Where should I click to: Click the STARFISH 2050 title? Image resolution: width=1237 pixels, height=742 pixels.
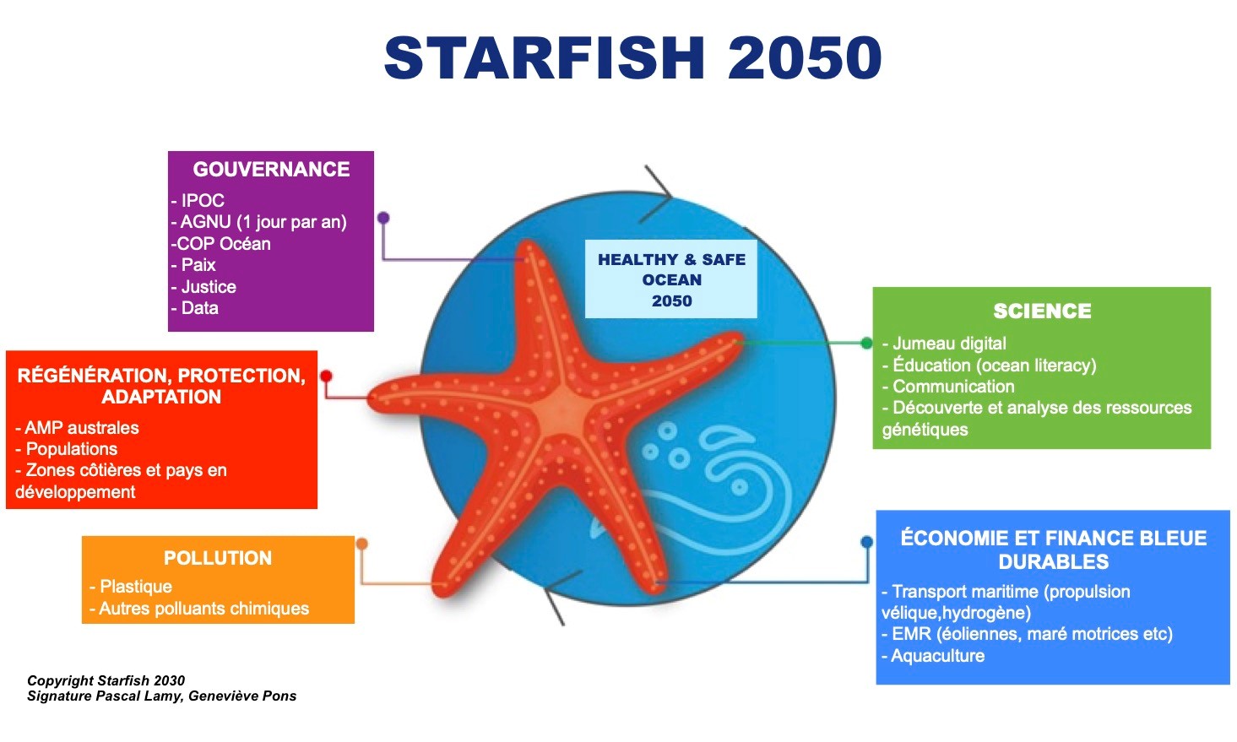click(633, 58)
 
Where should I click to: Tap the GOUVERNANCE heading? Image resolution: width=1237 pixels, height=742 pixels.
click(271, 170)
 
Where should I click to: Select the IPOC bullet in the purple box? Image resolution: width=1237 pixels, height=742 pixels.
click(198, 200)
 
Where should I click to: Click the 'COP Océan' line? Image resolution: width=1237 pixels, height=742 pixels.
click(221, 243)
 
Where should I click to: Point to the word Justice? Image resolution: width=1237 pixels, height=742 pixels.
click(209, 286)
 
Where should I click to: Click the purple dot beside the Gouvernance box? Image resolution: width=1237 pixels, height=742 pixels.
click(383, 218)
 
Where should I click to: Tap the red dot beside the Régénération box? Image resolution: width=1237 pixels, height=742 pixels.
click(326, 376)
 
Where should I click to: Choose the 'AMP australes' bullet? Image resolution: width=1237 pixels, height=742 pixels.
click(78, 427)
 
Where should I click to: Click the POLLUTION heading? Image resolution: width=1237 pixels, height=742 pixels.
click(218, 558)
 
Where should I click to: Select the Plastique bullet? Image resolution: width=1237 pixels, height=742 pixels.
click(131, 587)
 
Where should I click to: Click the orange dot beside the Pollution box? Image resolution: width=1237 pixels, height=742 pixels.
click(361, 544)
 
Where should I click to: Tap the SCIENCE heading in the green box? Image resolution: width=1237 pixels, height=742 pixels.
click(1042, 311)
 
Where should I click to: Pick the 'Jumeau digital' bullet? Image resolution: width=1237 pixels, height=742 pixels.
click(944, 344)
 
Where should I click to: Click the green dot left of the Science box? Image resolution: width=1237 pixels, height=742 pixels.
click(866, 344)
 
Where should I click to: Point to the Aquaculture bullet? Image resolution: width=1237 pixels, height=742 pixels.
click(933, 656)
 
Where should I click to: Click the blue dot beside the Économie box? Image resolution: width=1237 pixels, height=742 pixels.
click(866, 542)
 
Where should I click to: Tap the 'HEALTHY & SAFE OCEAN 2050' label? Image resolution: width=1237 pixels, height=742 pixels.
click(671, 279)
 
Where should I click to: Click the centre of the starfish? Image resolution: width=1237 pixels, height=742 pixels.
click(561, 409)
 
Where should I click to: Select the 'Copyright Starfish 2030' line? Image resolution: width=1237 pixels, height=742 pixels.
click(106, 680)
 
